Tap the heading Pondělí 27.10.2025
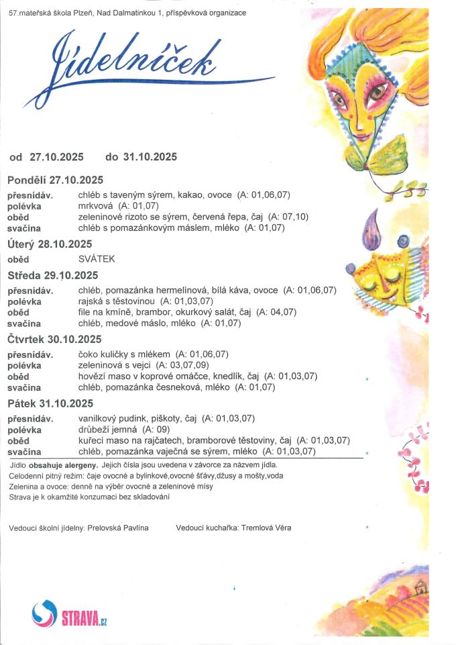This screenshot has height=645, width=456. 55,180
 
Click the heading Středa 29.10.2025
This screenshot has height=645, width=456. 53,275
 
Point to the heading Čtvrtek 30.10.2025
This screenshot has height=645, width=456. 54,339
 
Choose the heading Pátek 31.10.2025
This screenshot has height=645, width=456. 50,403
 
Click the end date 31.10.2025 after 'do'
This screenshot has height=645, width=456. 150,157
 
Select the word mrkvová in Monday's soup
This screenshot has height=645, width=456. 96,206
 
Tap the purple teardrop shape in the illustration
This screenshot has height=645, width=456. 372,232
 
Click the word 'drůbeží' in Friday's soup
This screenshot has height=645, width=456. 93,430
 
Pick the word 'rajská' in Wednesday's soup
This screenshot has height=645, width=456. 91,301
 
